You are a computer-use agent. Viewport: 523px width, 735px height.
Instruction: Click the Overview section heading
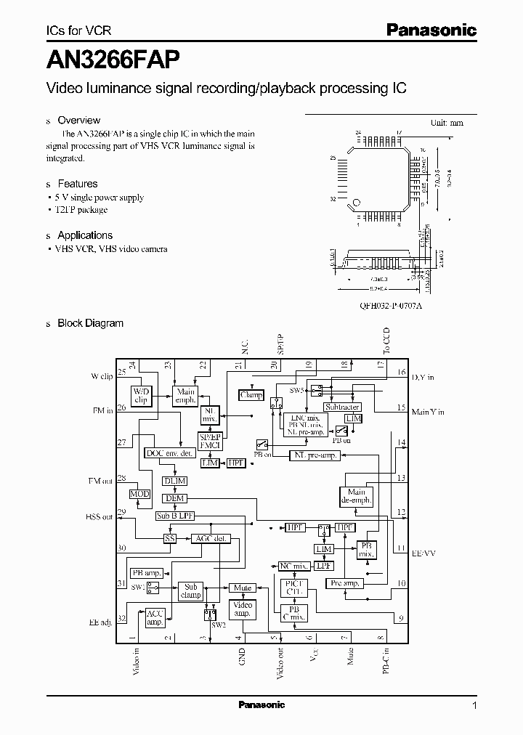coord(78,121)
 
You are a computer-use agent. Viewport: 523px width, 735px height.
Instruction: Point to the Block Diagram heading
coord(90,323)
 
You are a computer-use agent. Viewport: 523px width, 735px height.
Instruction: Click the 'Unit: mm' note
coord(447,123)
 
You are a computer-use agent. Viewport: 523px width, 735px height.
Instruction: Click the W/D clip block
coord(141,396)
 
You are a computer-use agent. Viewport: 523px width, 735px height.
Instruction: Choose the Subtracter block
coord(342,407)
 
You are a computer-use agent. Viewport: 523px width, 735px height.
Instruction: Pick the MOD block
coord(139,494)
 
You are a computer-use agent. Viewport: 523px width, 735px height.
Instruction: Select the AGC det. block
coord(210,539)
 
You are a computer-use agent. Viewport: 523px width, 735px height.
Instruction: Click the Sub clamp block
coord(190,590)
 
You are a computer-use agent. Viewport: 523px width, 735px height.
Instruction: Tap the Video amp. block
coord(242,609)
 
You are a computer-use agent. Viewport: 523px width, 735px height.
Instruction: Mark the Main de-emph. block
coord(355,496)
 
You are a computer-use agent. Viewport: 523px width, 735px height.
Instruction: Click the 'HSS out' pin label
coord(99,517)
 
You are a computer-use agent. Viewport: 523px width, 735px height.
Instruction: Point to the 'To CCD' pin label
coord(386,341)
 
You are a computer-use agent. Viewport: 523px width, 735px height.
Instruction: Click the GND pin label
coord(242,657)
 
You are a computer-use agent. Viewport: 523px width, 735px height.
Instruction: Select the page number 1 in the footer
coord(474,705)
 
